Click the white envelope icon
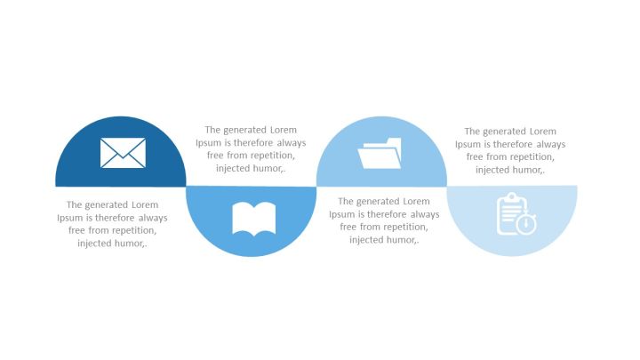coord(123,153)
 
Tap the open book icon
coord(254,219)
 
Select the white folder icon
coord(380,153)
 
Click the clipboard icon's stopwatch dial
coord(526,224)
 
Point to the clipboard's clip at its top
coord(512,197)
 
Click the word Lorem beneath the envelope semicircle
coord(145,205)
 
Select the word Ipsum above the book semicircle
coord(208,143)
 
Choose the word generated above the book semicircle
coord(245,130)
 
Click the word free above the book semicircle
coord(215,156)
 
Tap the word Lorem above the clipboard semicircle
coord(542,132)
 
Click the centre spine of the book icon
coord(254,220)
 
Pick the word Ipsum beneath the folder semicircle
coord(342,214)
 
